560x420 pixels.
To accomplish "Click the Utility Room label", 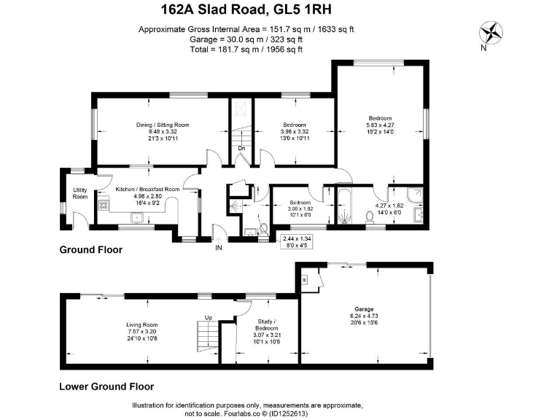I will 80,193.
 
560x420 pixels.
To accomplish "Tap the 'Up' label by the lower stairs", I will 208,317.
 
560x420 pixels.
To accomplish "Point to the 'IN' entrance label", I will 218,248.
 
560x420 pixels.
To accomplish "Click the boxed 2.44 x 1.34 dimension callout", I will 303,241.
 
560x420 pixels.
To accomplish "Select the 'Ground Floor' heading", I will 90,250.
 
